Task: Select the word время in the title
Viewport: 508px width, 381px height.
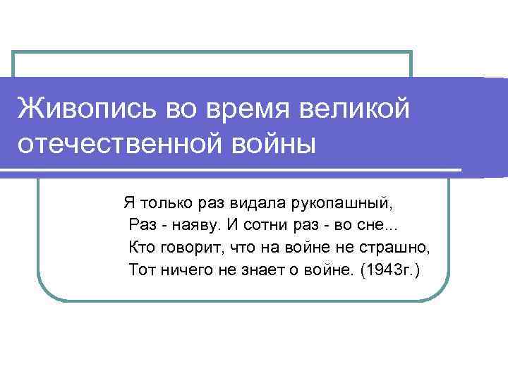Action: [237, 109]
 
